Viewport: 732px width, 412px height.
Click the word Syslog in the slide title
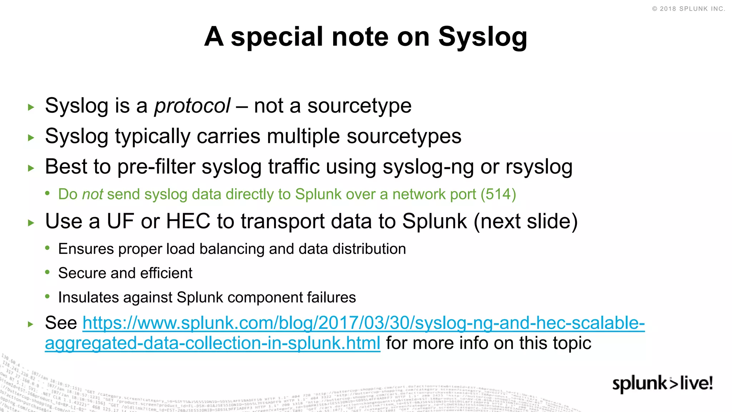pyautogui.click(x=483, y=37)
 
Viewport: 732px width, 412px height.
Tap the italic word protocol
pyautogui.click(x=192, y=106)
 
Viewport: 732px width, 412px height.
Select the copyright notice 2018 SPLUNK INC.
pyautogui.click(x=689, y=9)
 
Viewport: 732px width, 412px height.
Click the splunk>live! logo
pyautogui.click(x=662, y=383)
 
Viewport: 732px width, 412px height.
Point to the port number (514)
pyautogui.click(x=498, y=194)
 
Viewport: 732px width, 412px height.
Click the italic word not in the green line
pyautogui.click(x=93, y=194)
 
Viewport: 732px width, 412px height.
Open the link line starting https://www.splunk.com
pyautogui.click(x=363, y=323)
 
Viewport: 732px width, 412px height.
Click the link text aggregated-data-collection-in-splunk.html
pyautogui.click(x=212, y=343)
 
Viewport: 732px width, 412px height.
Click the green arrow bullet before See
pyautogui.click(x=31, y=324)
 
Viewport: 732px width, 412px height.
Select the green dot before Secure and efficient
pyautogui.click(x=48, y=273)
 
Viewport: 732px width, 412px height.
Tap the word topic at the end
pyautogui.click(x=573, y=343)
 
